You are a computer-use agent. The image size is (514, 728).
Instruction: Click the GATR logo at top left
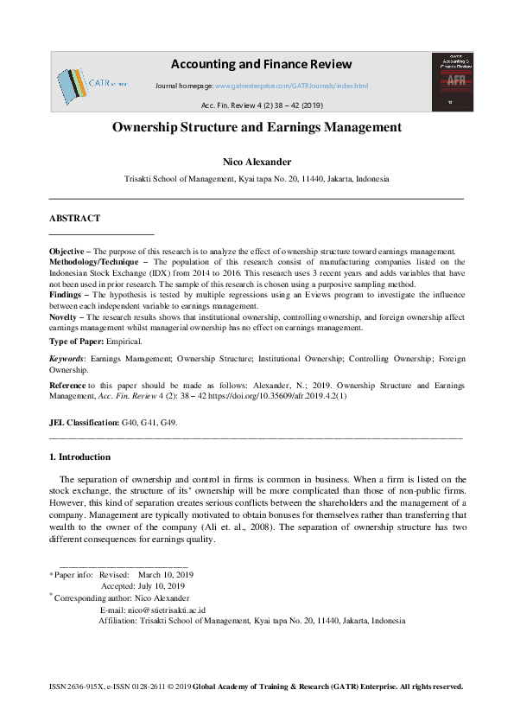[91, 83]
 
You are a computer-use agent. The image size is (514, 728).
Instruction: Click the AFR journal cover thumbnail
[453, 81]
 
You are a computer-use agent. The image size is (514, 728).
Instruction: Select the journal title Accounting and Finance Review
[261, 64]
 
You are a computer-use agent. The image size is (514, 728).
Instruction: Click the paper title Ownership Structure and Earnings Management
[257, 127]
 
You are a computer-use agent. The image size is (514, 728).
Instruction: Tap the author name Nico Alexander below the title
[257, 162]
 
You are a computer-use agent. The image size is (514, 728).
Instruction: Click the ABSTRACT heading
[74, 219]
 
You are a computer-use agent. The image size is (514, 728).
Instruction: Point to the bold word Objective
[67, 252]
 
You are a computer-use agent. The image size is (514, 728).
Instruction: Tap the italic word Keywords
[66, 358]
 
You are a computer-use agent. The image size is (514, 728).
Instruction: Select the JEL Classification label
[85, 422]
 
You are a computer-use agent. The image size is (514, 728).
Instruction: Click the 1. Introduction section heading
[79, 457]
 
